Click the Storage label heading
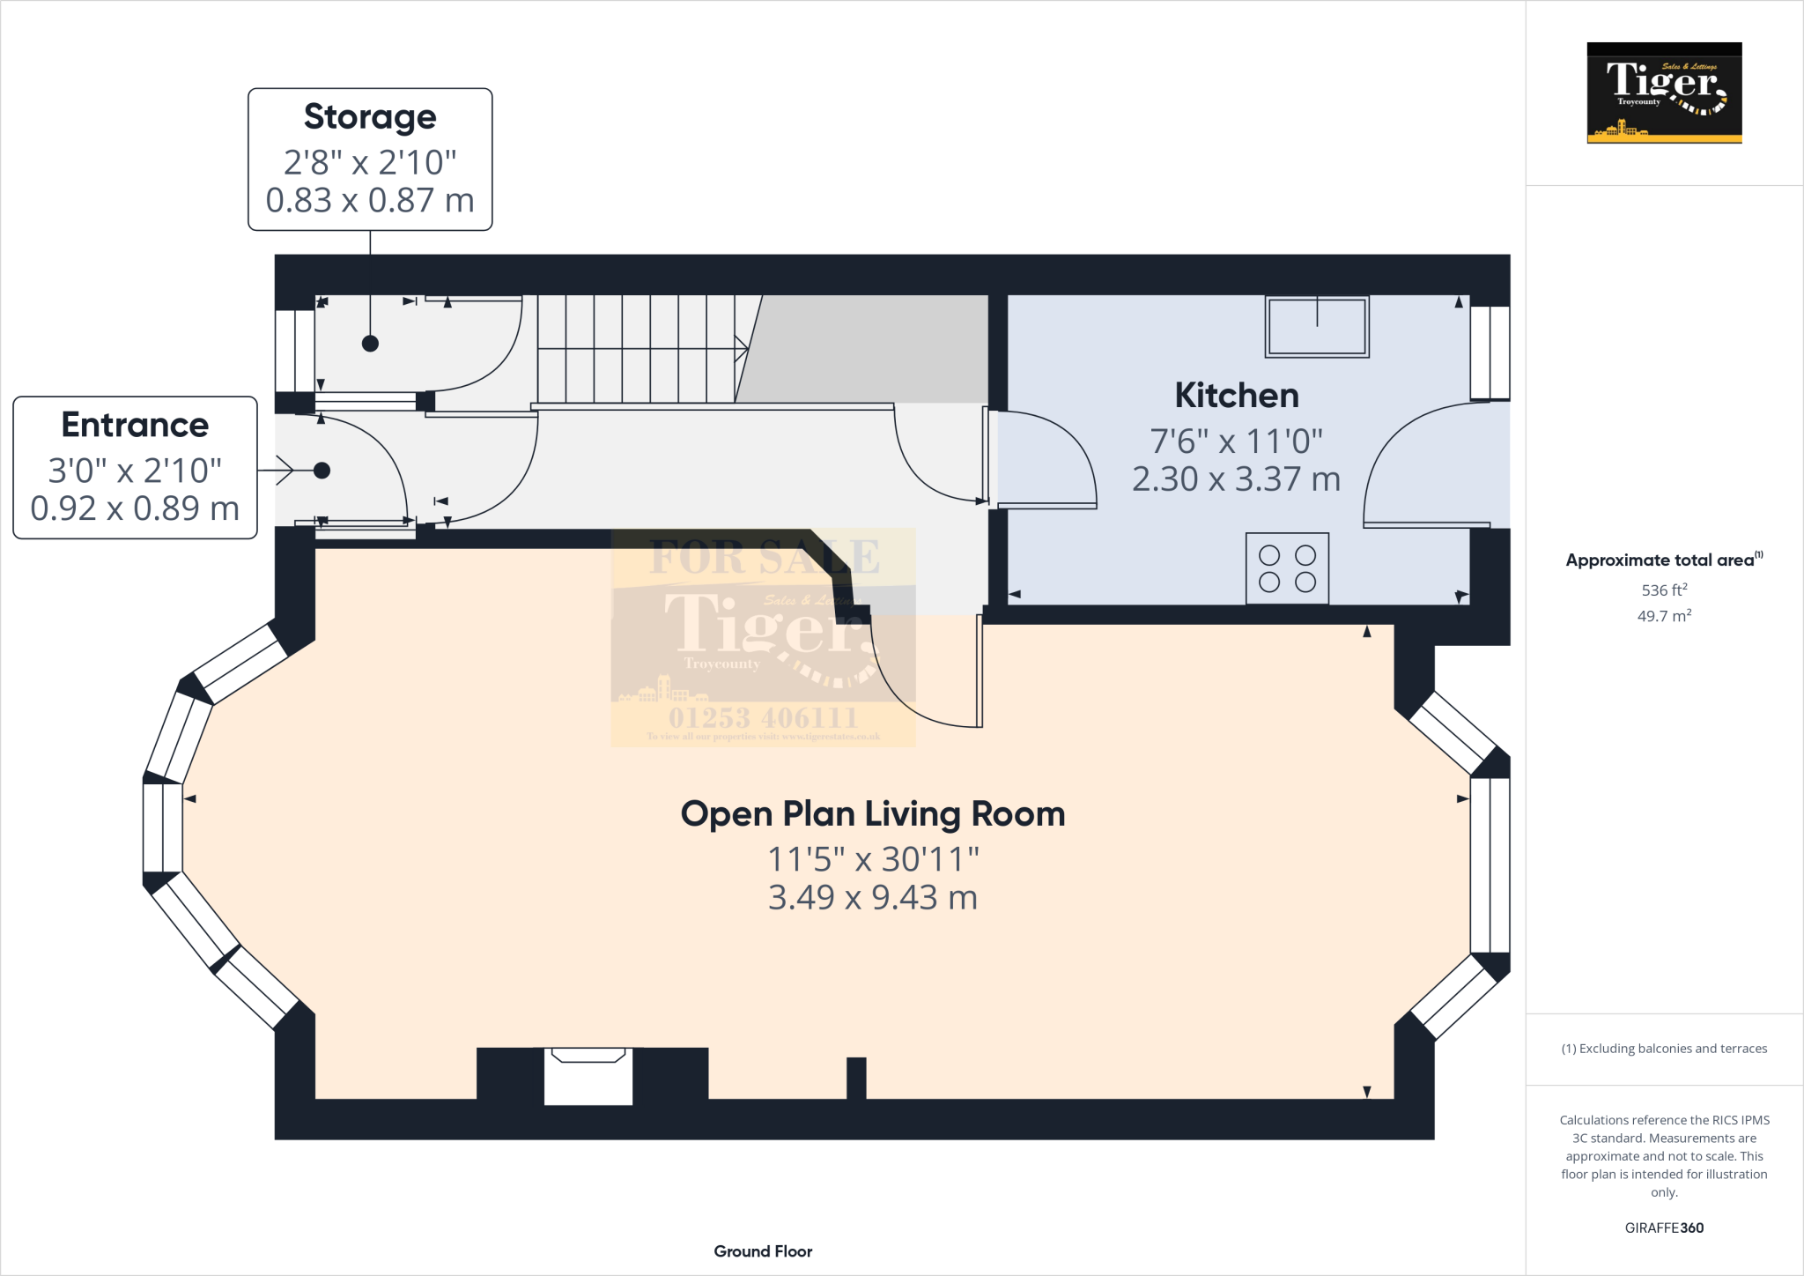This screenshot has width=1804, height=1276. pyautogui.click(x=370, y=116)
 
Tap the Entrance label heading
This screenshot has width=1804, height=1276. pyautogui.click(x=135, y=425)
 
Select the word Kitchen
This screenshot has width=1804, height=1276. pyautogui.click(x=1237, y=396)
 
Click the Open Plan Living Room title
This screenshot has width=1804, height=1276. pyautogui.click(x=873, y=813)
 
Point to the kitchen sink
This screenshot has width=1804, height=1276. pyautogui.click(x=1317, y=326)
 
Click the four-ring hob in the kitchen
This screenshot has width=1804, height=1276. pyautogui.click(x=1287, y=568)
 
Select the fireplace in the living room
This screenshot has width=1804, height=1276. pyautogui.click(x=588, y=1075)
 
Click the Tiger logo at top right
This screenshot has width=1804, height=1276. pyautogui.click(x=1664, y=93)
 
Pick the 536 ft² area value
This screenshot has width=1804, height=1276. pyautogui.click(x=1664, y=590)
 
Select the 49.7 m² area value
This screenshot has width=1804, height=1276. pyautogui.click(x=1664, y=616)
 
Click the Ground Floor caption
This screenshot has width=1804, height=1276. pyautogui.click(x=763, y=1251)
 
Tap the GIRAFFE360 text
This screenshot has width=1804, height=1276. pyautogui.click(x=1664, y=1228)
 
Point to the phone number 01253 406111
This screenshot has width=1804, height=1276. pyautogui.click(x=763, y=717)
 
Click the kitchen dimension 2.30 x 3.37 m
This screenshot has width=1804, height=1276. pyautogui.click(x=1236, y=479)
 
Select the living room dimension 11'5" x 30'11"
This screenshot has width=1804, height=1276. pyautogui.click(x=873, y=858)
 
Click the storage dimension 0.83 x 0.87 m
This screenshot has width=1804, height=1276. pyautogui.click(x=370, y=200)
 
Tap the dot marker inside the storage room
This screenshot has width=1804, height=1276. pyautogui.click(x=370, y=344)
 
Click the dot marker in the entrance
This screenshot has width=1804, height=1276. pyautogui.click(x=322, y=471)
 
